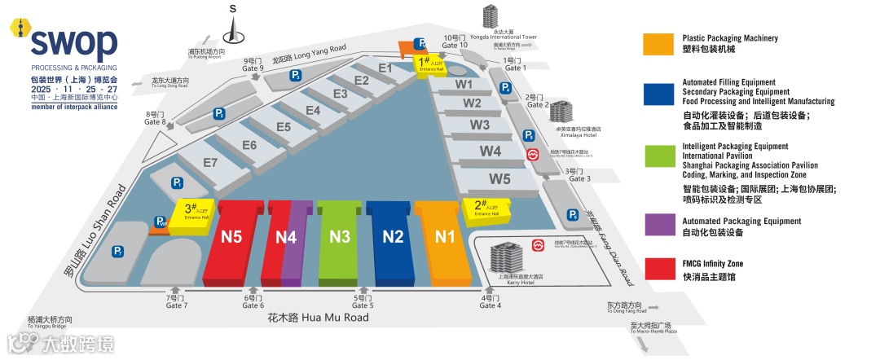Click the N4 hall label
(286, 237)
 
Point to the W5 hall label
(499, 178)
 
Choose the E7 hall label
(210, 163)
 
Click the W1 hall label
(464, 84)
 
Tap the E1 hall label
(385, 68)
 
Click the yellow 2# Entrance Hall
(486, 208)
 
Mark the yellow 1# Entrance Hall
(428, 64)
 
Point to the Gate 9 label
(253, 64)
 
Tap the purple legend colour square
(656, 226)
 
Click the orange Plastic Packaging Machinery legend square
(656, 44)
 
